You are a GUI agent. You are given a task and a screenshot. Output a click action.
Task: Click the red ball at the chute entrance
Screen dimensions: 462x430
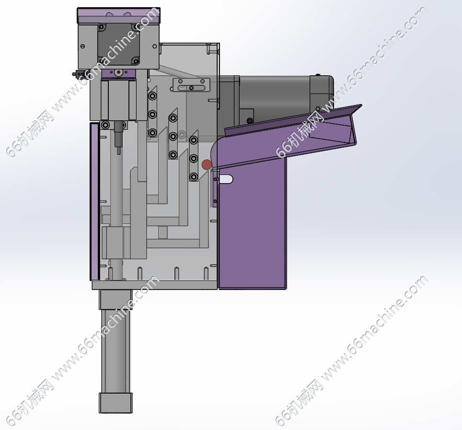[207, 165]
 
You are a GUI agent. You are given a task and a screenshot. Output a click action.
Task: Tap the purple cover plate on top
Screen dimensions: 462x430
[118, 15]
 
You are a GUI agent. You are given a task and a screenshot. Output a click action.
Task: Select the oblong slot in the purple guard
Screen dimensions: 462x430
[225, 179]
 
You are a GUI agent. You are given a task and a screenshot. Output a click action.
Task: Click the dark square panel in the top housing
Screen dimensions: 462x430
[118, 44]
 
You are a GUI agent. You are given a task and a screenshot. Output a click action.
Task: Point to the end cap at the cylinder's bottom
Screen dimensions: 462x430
[115, 403]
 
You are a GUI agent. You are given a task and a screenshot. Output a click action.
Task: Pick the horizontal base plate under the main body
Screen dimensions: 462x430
[155, 285]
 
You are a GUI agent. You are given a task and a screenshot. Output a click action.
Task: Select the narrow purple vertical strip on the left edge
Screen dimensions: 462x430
[94, 202]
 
